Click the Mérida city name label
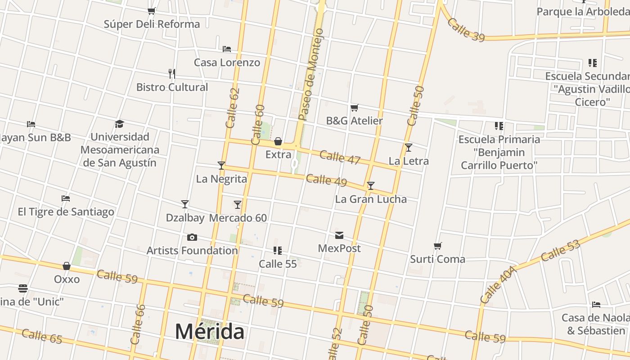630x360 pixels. coord(210,332)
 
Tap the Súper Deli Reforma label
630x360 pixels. coord(152,24)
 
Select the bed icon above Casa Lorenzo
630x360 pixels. coord(227,49)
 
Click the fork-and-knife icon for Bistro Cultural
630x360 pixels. coord(171,73)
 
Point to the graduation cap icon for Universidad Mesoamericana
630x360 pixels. coord(119,123)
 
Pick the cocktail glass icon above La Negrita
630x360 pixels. coord(221,165)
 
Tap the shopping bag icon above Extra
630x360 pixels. coord(278,141)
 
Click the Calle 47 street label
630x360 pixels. coord(340,157)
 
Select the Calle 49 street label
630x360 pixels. coord(326,180)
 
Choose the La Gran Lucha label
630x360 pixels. coord(371,199)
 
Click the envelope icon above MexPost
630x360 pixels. coord(339,235)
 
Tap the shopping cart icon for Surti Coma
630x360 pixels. coord(438,246)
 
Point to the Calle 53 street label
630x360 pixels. coord(560,251)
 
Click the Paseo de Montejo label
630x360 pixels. coord(311,75)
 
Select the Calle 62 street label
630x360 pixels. coord(233,108)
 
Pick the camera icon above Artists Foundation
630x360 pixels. coord(192,237)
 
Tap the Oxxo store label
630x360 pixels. coord(67,279)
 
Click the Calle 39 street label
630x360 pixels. coord(466,30)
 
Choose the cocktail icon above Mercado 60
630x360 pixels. coord(238,205)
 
